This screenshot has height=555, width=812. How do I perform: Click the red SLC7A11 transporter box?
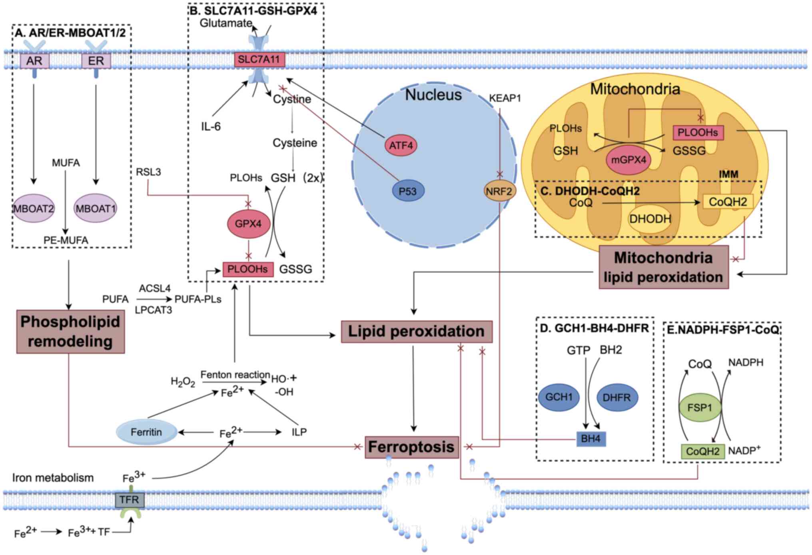click(x=259, y=60)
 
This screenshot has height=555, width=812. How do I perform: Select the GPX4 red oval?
click(x=248, y=224)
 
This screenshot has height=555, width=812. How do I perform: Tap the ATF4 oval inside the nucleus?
click(x=401, y=146)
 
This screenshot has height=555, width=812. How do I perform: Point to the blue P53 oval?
click(x=408, y=191)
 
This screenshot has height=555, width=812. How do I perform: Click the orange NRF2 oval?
click(x=499, y=191)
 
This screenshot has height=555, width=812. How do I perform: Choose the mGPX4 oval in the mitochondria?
click(x=628, y=160)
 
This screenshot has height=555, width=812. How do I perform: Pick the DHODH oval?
click(x=650, y=219)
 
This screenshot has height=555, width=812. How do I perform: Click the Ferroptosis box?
click(x=411, y=447)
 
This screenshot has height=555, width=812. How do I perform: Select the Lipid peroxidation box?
click(x=416, y=331)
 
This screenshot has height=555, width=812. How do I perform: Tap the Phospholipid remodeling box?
click(x=70, y=331)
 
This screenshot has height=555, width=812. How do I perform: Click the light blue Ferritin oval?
click(x=146, y=432)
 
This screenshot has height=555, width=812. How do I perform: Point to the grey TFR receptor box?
click(x=130, y=500)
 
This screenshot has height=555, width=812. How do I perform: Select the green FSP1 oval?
click(x=700, y=408)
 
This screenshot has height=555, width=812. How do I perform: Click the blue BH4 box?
click(x=591, y=439)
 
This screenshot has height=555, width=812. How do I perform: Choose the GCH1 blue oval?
click(x=559, y=397)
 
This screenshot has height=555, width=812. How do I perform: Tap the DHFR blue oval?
click(x=616, y=398)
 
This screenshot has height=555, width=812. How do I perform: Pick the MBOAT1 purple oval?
click(x=96, y=208)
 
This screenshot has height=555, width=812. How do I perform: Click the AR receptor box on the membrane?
click(x=35, y=61)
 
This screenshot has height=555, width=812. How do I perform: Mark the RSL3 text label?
click(x=148, y=172)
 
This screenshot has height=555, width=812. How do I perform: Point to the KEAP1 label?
click(x=505, y=98)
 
